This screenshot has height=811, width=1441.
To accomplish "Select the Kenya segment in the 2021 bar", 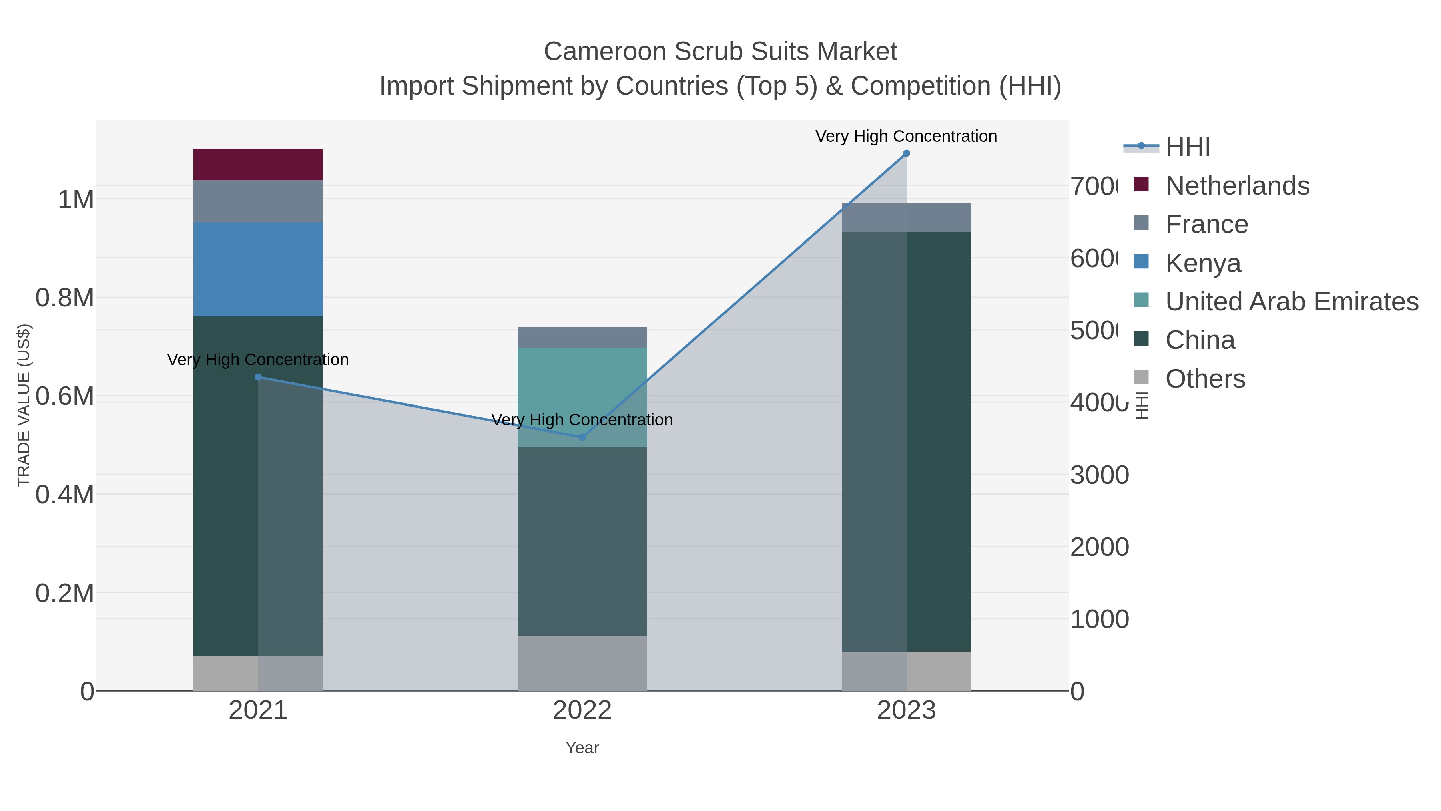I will (258, 269).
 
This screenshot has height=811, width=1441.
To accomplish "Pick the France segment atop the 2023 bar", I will (906, 218).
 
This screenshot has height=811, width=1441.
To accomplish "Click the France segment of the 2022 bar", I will (582, 338).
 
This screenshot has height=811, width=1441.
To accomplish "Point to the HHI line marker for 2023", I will (906, 153).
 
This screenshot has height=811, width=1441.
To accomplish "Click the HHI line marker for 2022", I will (582, 437).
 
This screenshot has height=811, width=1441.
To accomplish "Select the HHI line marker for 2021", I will (258, 377).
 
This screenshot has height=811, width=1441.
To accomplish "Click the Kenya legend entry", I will (1203, 263).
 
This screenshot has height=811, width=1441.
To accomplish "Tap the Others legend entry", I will (1205, 379).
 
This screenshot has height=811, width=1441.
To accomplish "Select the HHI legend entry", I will (1188, 147).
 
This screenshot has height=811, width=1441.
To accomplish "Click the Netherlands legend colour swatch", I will (1141, 184).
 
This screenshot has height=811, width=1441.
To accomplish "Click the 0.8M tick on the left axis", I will (65, 298).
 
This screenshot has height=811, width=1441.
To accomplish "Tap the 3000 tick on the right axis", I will (1099, 475).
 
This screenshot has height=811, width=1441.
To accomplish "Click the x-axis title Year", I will (582, 748).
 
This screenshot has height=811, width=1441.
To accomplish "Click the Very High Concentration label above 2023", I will (906, 137).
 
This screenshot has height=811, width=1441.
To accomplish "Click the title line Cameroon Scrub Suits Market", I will (720, 52).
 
